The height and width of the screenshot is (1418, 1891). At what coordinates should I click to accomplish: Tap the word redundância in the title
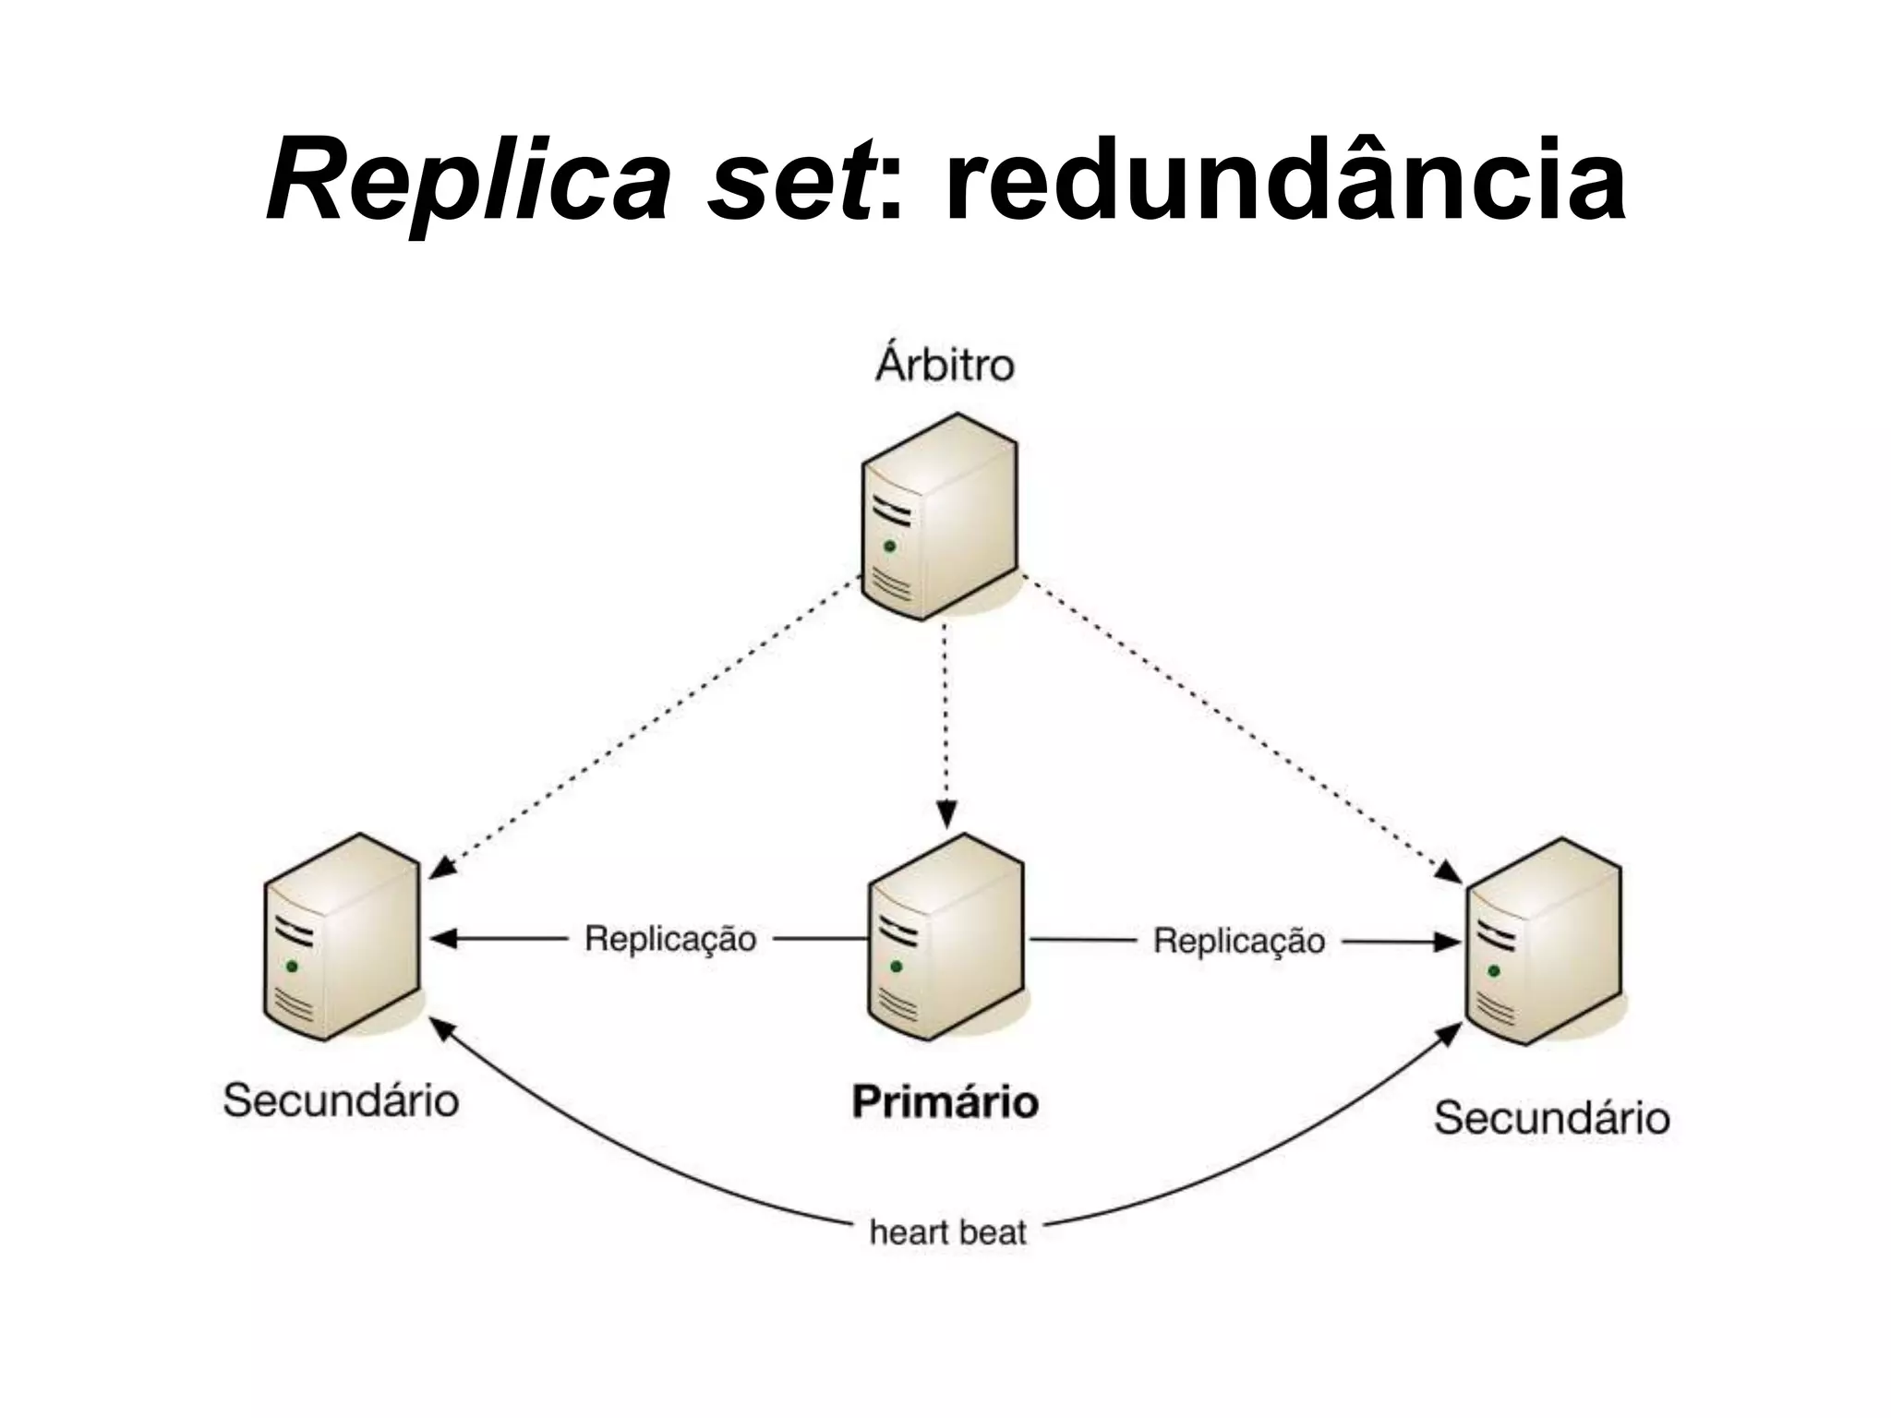click(x=1284, y=181)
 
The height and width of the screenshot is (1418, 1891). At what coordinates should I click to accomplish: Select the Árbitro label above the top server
click(x=945, y=366)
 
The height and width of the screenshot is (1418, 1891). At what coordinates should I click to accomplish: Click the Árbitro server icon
click(x=940, y=518)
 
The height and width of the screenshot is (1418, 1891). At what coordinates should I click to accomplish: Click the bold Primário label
click(x=945, y=1101)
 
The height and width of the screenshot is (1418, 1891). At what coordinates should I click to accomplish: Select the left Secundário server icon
click(x=342, y=936)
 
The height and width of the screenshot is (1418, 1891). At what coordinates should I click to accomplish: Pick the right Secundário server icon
click(x=1544, y=942)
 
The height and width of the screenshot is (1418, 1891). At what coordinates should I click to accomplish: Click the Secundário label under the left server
click(x=341, y=1100)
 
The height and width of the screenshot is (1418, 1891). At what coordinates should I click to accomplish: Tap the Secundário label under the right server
click(x=1551, y=1119)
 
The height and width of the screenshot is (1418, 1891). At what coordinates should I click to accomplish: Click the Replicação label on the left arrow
click(x=670, y=939)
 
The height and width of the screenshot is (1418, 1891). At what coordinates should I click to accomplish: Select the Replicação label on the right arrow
click(x=1239, y=942)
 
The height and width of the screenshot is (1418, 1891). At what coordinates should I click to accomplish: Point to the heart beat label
click(x=947, y=1232)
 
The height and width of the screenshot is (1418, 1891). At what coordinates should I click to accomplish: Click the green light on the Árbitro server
click(x=889, y=547)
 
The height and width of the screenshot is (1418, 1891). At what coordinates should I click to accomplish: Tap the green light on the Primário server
click(x=895, y=967)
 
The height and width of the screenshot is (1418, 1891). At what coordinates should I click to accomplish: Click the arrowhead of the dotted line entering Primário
click(x=945, y=815)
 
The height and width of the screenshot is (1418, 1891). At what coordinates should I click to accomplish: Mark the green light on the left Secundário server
click(x=292, y=967)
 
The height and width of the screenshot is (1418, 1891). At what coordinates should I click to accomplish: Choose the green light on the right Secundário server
click(x=1494, y=971)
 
